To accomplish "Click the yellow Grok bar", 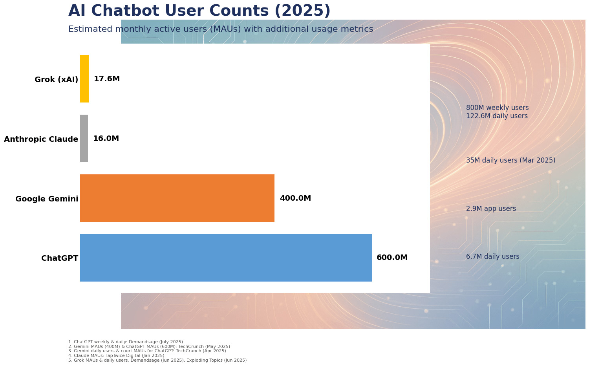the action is (x=84, y=79).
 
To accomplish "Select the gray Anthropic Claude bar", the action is (x=84, y=138).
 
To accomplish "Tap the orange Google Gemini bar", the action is (x=177, y=198).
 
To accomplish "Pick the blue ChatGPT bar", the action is (x=226, y=258).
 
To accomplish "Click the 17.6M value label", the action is (x=107, y=79).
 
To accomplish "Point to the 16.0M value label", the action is (x=106, y=139).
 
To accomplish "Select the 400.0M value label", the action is (x=296, y=198).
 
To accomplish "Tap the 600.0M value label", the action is (x=392, y=257).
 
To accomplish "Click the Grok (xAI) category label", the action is (x=56, y=79).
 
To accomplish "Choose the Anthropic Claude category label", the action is (x=41, y=139).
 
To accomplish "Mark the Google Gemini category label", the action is (x=47, y=199).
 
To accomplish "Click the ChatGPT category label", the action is (x=60, y=258).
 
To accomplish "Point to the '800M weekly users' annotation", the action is (x=497, y=108).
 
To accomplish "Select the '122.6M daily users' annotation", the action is (x=497, y=116).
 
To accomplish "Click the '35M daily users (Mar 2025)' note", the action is (x=510, y=160).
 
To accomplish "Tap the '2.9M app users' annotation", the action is (x=491, y=209).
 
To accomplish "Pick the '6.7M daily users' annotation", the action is (x=492, y=256).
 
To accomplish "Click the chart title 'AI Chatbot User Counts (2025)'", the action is (x=199, y=11).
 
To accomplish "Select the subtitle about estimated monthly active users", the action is (x=221, y=29).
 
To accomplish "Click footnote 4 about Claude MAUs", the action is (x=116, y=355).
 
